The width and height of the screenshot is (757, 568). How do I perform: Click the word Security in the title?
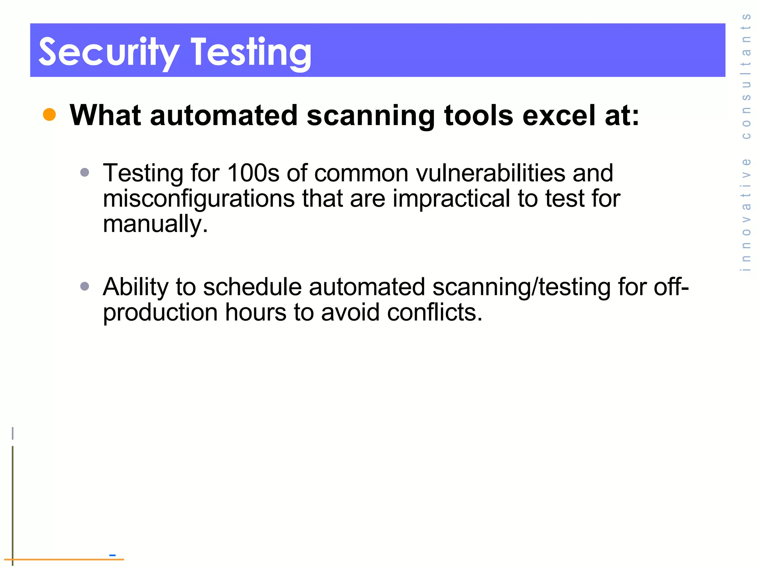tap(109, 53)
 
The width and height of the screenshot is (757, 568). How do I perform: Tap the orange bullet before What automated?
tap(49, 115)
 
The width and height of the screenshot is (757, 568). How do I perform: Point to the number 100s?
tap(253, 173)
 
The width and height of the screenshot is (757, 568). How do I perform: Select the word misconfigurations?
tap(198, 199)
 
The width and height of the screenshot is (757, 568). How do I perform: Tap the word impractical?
tap(451, 199)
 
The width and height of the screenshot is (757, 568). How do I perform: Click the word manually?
tap(155, 224)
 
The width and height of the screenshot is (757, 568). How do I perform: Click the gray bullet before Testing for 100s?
tap(85, 172)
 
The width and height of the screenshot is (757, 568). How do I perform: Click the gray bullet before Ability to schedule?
tap(85, 286)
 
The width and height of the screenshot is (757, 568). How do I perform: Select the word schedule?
tap(252, 287)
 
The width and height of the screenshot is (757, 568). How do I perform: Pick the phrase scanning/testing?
tap(521, 287)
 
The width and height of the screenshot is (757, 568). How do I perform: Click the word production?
tap(160, 312)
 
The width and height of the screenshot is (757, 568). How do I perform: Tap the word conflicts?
tap(434, 312)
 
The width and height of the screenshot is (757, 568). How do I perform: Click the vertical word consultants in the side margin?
tap(746, 76)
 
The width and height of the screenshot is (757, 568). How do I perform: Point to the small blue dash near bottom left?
tap(113, 555)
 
